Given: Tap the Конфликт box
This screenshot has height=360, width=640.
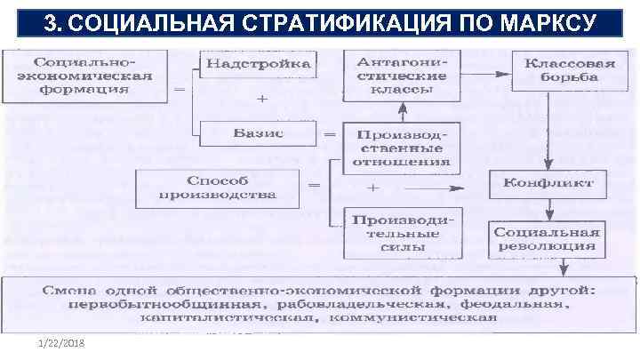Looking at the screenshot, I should (x=548, y=184).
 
